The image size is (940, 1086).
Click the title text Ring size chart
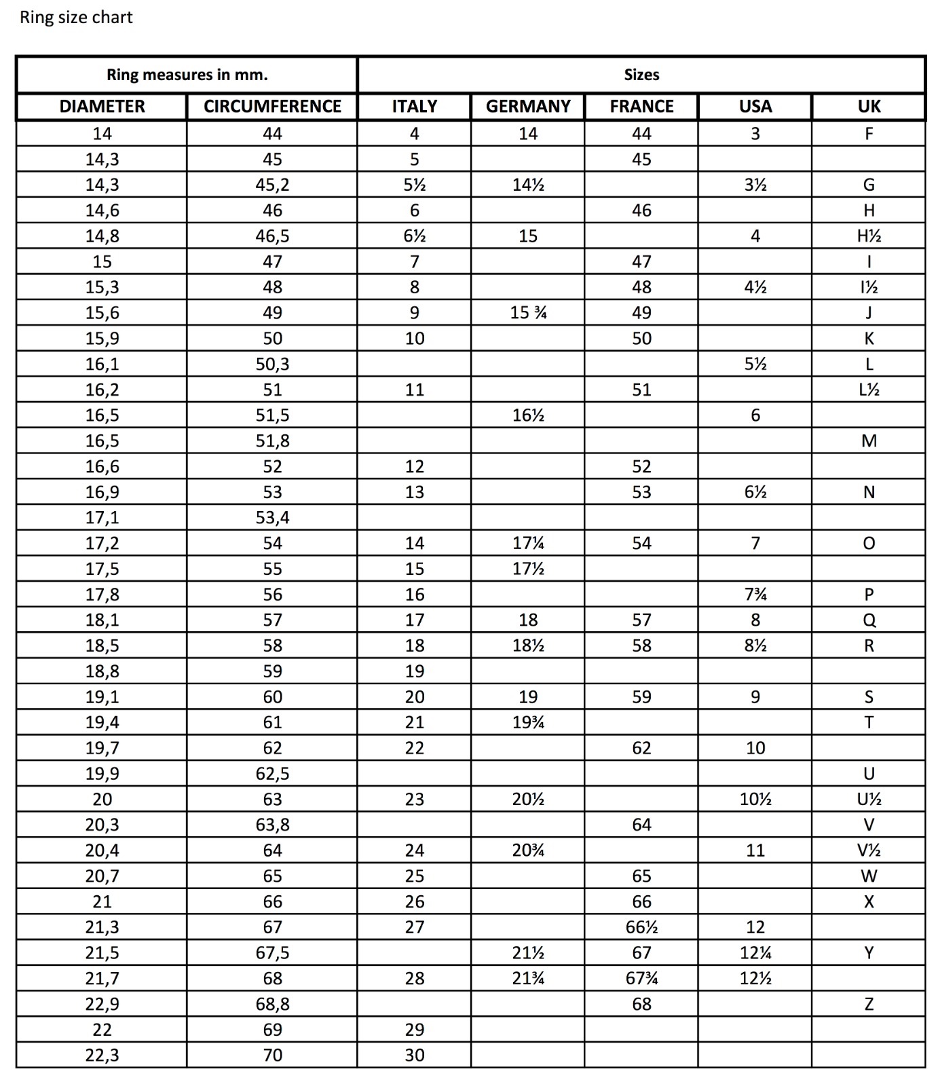(x=76, y=18)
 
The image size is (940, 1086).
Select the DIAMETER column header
(x=102, y=107)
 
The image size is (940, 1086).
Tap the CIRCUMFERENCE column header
(x=272, y=107)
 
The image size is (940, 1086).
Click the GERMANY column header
(x=528, y=107)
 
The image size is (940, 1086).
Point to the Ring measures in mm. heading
(x=187, y=75)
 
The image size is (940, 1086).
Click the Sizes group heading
(x=641, y=75)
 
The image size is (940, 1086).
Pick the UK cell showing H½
(x=869, y=236)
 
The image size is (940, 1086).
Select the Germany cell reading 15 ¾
(x=528, y=313)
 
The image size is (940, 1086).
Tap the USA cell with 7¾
(x=755, y=595)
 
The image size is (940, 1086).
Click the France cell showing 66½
(x=641, y=927)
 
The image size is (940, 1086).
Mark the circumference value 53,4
(x=272, y=518)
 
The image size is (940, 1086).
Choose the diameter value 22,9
(x=102, y=1004)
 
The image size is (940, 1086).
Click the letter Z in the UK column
(x=869, y=1004)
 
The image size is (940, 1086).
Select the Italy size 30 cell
(x=414, y=1055)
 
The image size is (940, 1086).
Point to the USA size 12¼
(x=755, y=953)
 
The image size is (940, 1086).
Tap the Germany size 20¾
(x=528, y=850)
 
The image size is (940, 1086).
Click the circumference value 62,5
(x=272, y=774)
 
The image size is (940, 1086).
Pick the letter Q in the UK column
(x=869, y=620)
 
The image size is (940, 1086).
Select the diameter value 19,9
(x=102, y=774)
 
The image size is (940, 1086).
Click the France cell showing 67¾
(x=641, y=979)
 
